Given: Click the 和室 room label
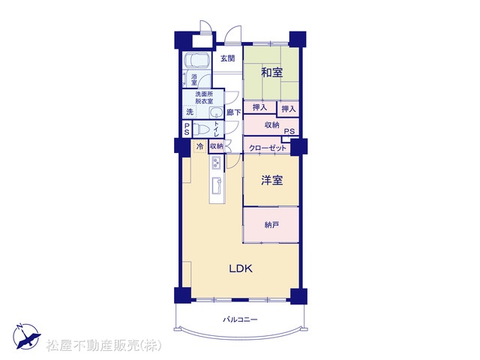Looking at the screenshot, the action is tap(271, 73).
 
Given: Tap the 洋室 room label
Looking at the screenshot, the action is tap(271, 180).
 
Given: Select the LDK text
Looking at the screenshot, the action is tap(241, 268).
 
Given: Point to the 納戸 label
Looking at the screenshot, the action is tap(271, 225).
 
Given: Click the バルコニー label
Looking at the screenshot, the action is tap(240, 320).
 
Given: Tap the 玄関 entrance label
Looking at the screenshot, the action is tap(228, 58).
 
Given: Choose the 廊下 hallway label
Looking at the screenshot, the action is tap(233, 112).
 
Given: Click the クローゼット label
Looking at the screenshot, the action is tap(268, 148).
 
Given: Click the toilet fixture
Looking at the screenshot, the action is tap(201, 130).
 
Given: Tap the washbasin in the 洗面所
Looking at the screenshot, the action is tap(217, 112).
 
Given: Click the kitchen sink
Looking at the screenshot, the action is tap(217, 185).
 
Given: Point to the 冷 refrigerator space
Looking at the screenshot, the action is tap(200, 146).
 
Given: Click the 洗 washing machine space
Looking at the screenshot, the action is tap(190, 112).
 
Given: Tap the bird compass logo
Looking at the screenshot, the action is tap(26, 336).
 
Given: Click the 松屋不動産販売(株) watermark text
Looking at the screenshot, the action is tap(103, 346).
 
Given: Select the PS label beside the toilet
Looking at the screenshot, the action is tap(187, 129).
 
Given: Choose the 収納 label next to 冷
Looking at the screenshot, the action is tap(217, 146).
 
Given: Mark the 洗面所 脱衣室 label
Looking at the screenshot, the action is tap(204, 97).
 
